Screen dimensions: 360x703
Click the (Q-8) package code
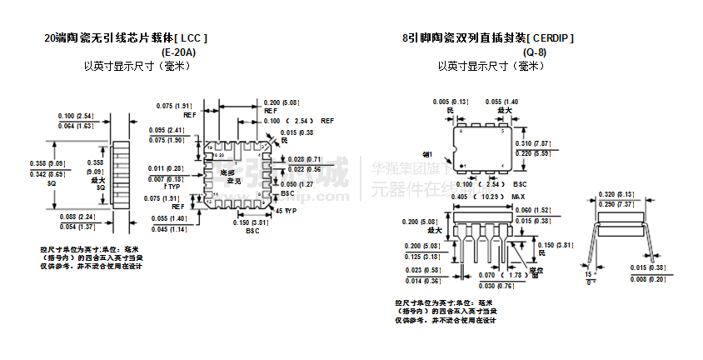(x=535, y=52)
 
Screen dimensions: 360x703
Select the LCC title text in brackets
(x=191, y=38)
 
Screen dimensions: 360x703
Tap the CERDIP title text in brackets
(x=551, y=38)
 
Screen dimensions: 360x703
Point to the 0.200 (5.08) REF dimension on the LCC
(x=281, y=102)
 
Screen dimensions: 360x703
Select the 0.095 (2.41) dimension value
(x=167, y=131)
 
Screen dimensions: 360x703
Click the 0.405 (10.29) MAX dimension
(x=476, y=196)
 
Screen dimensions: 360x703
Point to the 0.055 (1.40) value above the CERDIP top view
(x=502, y=101)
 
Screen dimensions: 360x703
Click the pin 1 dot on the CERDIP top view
(x=461, y=164)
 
